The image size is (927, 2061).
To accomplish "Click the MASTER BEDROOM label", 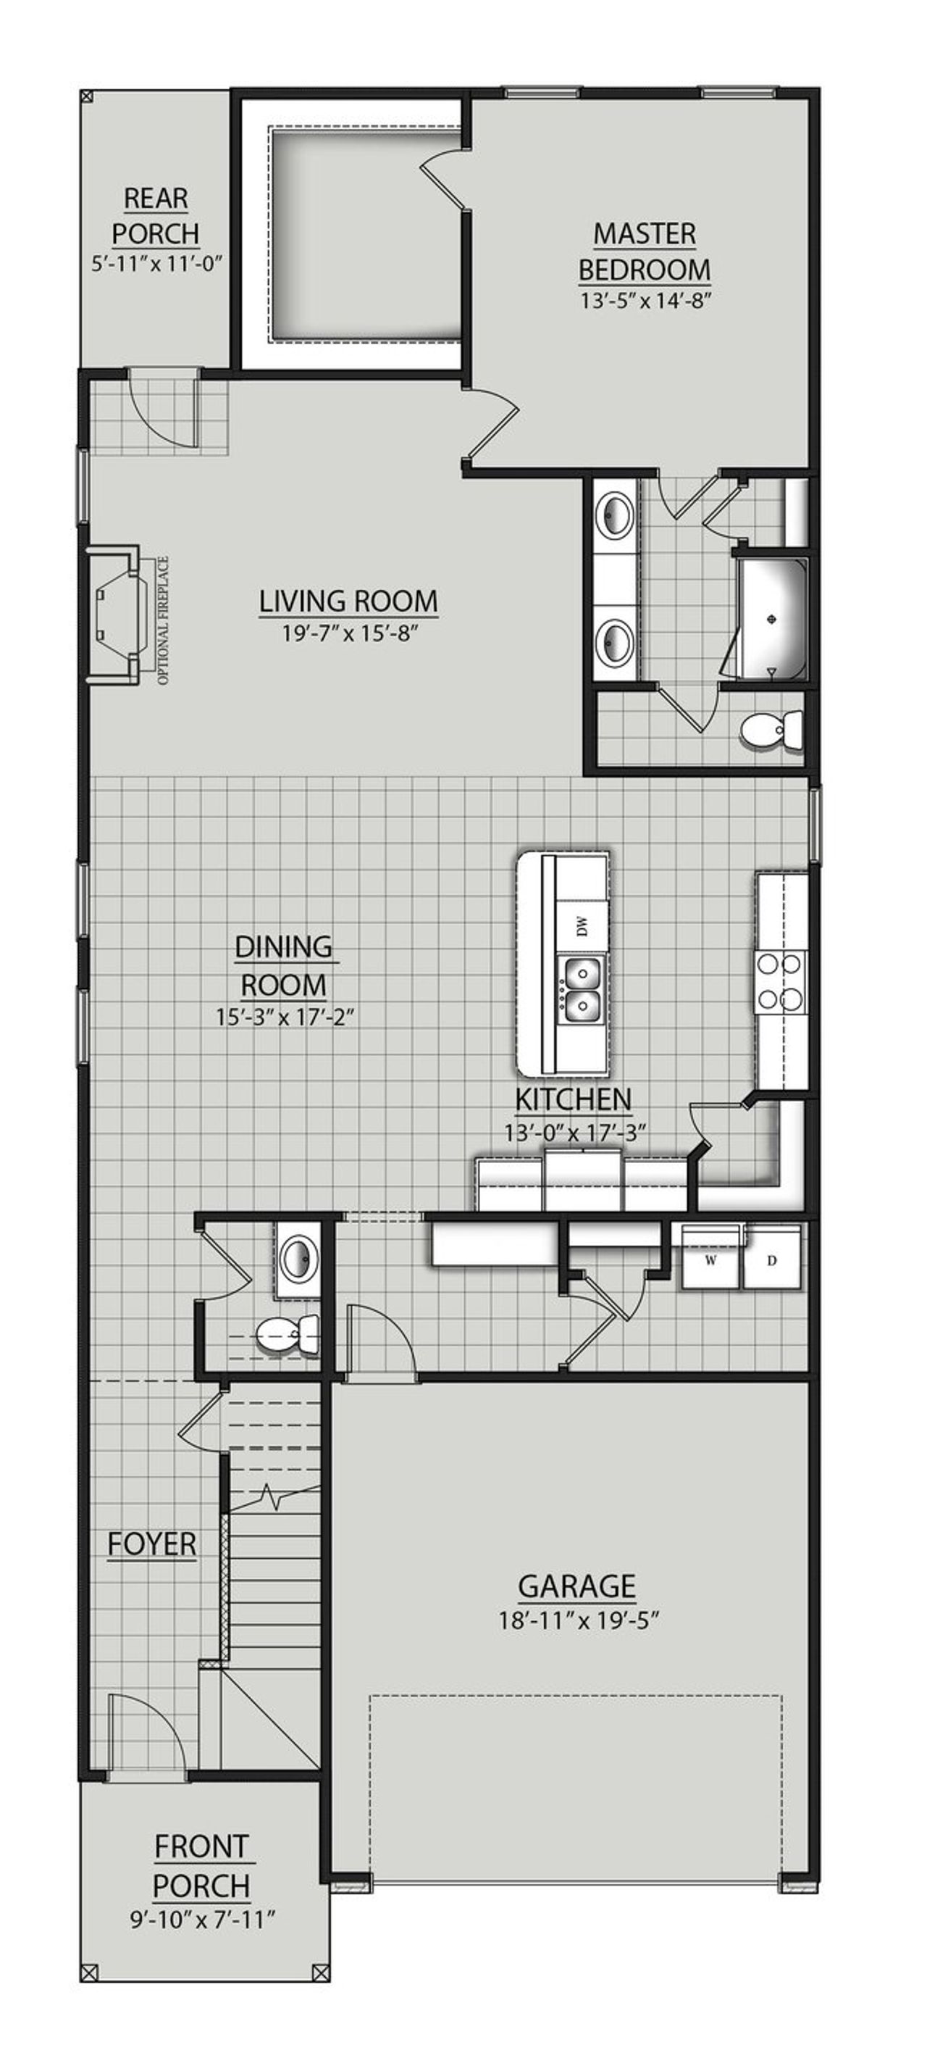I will (644, 251).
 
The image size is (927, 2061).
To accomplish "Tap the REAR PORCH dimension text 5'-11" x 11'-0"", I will (155, 263).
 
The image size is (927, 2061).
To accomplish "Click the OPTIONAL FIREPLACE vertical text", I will (164, 620).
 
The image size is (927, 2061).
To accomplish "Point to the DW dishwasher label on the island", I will (582, 925).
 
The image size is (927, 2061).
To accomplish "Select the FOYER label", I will (152, 1544).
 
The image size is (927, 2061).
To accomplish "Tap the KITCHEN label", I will (573, 1099).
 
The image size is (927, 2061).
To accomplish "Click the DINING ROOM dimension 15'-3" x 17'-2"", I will (284, 1017).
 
